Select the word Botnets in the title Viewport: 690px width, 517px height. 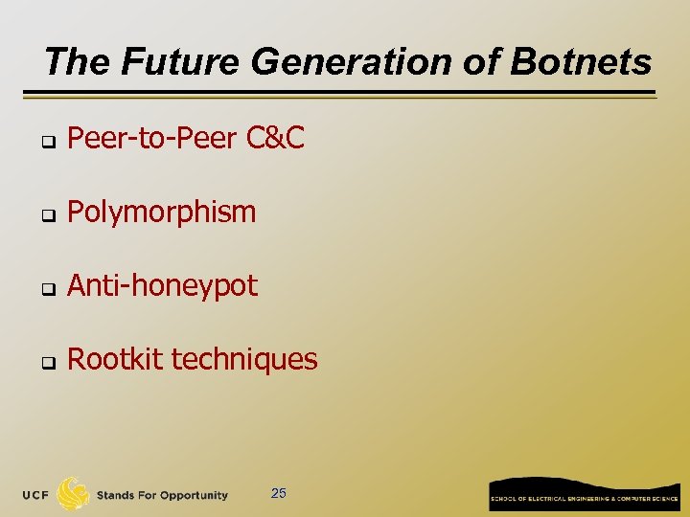click(x=581, y=62)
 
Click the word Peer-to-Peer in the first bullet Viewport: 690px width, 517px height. click(x=152, y=139)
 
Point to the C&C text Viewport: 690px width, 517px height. click(x=275, y=139)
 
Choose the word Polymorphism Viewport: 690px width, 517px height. click(x=162, y=212)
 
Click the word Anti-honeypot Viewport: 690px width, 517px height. click(x=163, y=285)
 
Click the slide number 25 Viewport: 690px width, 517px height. click(x=279, y=494)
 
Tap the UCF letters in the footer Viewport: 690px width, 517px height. click(x=37, y=495)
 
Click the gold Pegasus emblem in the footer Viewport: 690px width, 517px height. click(x=74, y=493)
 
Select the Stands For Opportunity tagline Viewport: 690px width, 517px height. click(x=162, y=495)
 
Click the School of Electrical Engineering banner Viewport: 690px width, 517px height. click(x=585, y=496)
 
